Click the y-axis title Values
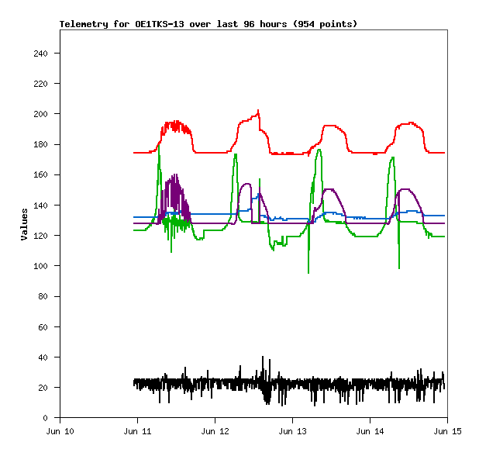24,224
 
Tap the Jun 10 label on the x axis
60,431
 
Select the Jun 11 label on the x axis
137,431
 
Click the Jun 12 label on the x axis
215,431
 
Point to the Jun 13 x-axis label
292,431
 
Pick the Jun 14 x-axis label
369,431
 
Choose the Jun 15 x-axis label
446,431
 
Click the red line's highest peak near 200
258,111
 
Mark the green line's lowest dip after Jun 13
308,272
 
